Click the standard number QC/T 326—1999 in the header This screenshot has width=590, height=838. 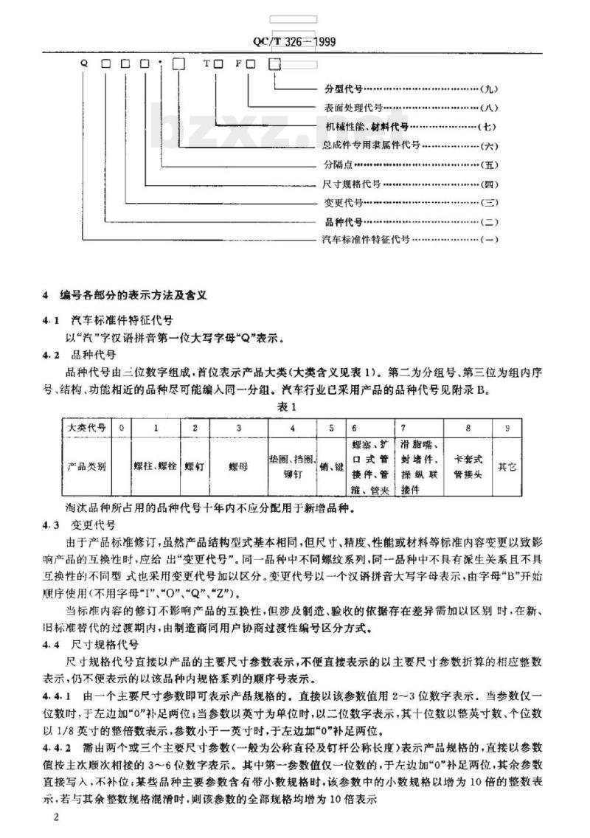[300, 42]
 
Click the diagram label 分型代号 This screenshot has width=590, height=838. [343, 89]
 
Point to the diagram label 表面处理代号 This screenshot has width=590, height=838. [354, 108]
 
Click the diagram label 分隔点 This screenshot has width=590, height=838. [339, 165]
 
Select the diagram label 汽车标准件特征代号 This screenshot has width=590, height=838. [367, 240]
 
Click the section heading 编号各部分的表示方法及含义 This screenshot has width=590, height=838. [133, 294]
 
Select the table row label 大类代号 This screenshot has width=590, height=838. [86, 427]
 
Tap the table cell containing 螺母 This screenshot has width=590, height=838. [235, 466]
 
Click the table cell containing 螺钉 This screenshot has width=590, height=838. [194, 466]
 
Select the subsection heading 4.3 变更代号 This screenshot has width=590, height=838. [78, 524]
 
